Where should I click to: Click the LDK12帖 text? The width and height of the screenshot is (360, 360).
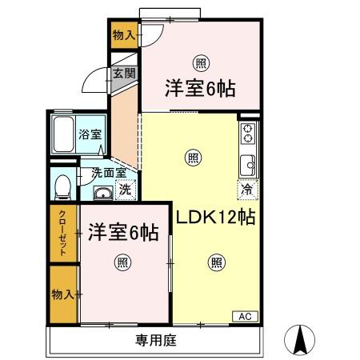215,216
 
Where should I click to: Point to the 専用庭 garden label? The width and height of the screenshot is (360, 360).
154,338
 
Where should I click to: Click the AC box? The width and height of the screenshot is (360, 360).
244,317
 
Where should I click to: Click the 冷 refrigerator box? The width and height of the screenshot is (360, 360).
247,190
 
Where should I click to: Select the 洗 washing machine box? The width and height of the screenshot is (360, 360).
124,190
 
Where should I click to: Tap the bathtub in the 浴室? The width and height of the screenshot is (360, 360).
62,135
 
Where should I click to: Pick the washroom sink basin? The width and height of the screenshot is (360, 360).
102,193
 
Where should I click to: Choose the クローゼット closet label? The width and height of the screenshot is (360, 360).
62,233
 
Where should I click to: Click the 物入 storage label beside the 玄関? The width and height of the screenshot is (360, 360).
123,35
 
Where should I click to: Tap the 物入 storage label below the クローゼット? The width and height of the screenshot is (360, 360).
62,294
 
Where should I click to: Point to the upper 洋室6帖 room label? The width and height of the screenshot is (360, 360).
200,88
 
